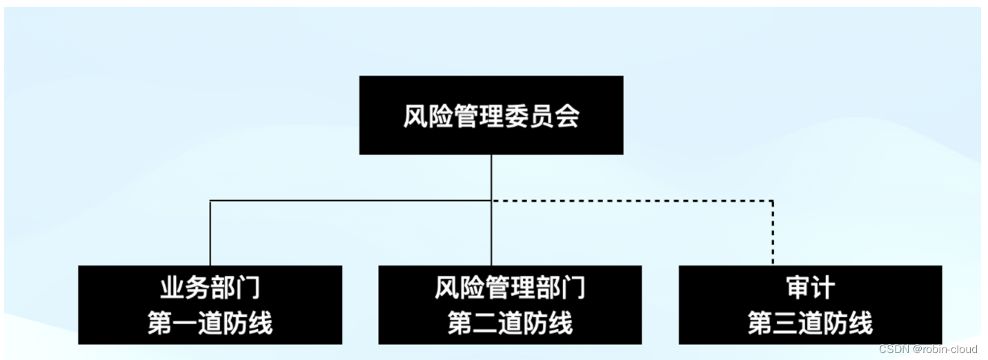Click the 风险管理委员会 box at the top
[491, 114]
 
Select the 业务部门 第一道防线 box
[210, 304]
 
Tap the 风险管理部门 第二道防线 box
[510, 304]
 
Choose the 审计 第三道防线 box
[810, 304]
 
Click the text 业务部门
[210, 288]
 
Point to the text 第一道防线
[210, 323]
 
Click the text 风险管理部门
[510, 288]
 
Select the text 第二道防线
[510, 323]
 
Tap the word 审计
[810, 288]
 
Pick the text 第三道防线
[810, 323]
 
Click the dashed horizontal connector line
[631, 201]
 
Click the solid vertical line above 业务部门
[210, 233]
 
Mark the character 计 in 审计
[822, 288]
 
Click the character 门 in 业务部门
[248, 288]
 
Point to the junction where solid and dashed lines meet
[491, 201]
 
